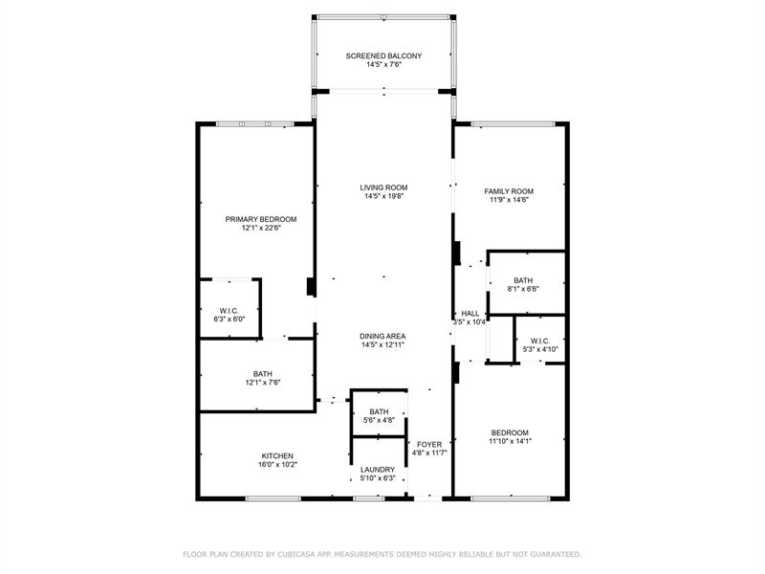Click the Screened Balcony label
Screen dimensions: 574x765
(x=383, y=55)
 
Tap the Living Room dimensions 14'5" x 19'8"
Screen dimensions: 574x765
(x=383, y=198)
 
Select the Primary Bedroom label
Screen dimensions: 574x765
(x=261, y=219)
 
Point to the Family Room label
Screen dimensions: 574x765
(x=508, y=191)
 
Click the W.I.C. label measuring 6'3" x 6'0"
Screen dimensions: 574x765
(x=229, y=310)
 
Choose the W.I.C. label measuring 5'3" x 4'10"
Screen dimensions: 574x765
(x=539, y=341)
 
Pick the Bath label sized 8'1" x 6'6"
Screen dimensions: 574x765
(x=522, y=280)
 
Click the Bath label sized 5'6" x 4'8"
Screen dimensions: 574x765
(x=379, y=411)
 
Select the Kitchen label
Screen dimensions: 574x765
(x=277, y=455)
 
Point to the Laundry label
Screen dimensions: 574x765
(x=379, y=470)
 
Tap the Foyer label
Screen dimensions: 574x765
(x=429, y=444)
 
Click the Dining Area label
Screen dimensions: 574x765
(x=383, y=336)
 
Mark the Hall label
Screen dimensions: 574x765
(x=470, y=313)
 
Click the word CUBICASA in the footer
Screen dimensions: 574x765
(x=303, y=554)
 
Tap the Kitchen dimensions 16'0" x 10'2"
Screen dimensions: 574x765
(x=277, y=465)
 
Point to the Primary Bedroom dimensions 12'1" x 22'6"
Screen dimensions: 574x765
(x=261, y=229)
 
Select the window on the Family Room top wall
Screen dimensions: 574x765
(x=512, y=122)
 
